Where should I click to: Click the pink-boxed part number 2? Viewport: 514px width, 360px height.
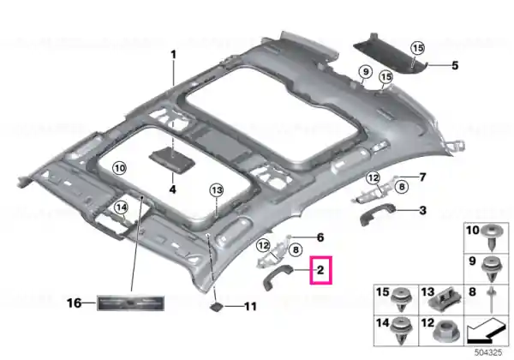[320, 270]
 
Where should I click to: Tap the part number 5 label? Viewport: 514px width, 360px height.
[455, 66]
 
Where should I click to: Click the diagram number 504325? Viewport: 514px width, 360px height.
[488, 352]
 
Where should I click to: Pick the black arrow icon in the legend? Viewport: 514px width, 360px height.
[486, 331]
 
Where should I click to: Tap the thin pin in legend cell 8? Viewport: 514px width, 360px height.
[491, 300]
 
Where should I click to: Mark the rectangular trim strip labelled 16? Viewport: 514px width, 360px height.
[130, 303]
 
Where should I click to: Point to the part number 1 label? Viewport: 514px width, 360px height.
[173, 55]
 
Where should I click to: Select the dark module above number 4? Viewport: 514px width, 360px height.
[172, 160]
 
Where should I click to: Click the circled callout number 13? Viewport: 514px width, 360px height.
[217, 190]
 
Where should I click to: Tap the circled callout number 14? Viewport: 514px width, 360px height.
[122, 207]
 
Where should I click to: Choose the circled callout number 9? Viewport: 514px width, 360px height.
[366, 71]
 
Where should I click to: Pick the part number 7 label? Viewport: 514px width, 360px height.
[422, 177]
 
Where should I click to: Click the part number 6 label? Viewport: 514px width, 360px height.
[320, 237]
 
